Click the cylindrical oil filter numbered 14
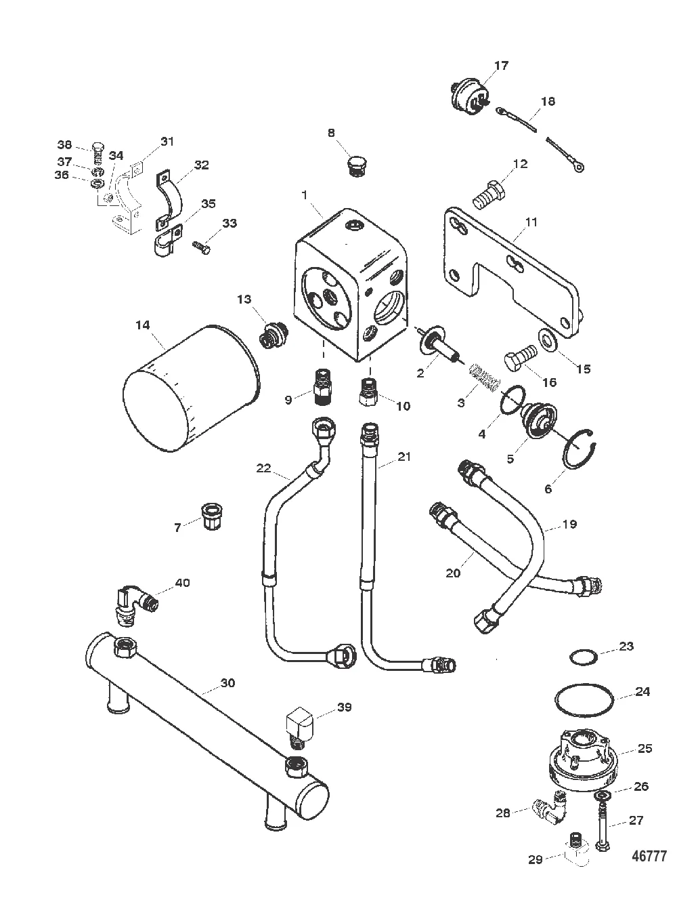click(192, 388)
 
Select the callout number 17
click(501, 66)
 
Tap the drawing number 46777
click(649, 855)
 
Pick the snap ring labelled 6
click(579, 449)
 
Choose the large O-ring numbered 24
click(585, 700)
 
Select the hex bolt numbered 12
click(489, 195)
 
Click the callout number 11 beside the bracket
click(531, 222)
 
